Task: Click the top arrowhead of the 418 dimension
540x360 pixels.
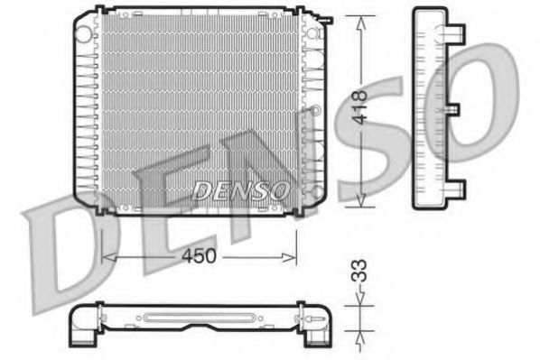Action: tap(360, 18)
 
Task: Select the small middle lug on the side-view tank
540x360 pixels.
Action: tap(454, 111)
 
